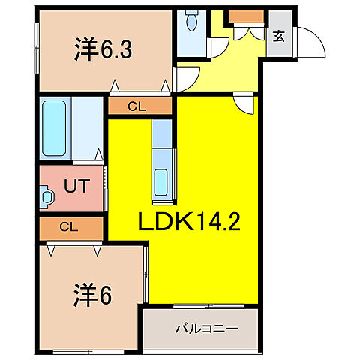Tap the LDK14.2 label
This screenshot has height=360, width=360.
tap(187, 222)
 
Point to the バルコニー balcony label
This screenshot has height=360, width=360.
tap(206, 328)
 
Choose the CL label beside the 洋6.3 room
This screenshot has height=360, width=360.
tap(136, 106)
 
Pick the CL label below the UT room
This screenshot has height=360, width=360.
tap(68, 226)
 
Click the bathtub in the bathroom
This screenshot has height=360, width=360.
tap(54, 128)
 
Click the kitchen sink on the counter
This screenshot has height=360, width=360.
tap(161, 181)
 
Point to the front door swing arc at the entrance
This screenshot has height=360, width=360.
tap(309, 43)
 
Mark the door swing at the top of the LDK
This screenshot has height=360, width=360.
tap(244, 104)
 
